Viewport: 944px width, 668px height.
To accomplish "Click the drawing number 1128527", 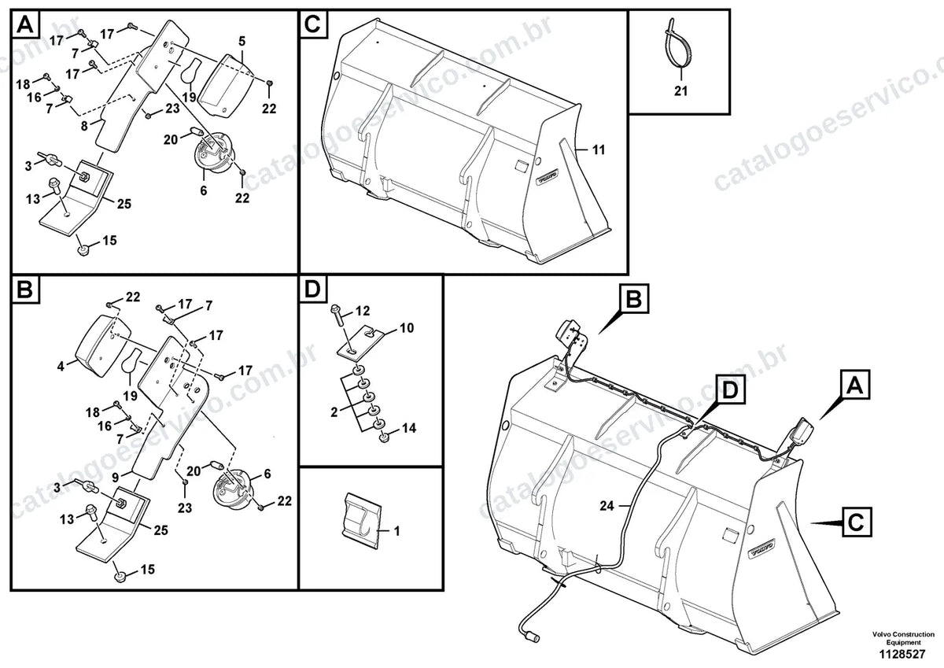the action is pos(902,654).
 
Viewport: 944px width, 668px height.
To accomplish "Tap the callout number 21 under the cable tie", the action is pos(680,90).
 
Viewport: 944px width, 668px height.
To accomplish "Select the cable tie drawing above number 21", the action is pos(674,46).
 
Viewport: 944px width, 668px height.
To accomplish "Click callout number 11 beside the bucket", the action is pos(599,149).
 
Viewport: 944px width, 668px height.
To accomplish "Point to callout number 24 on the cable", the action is pos(607,506).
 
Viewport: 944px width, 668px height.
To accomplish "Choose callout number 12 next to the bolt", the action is pos(363,311).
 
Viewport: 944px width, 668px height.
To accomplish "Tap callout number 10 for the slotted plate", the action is pos(407,327).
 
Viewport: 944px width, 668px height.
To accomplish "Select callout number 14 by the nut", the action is pos(409,428).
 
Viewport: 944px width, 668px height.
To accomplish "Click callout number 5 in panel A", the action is pos(242,41).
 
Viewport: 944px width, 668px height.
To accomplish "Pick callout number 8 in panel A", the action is pos(84,126).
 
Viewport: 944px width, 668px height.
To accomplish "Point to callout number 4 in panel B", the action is pos(61,366).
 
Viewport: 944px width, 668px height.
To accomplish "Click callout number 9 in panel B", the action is pos(116,478).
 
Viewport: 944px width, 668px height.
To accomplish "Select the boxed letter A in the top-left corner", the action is pos(25,25).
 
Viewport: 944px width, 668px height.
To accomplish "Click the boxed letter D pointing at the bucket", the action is pos(730,391).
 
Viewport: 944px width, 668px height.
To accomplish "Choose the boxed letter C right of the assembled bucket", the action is pos(856,522).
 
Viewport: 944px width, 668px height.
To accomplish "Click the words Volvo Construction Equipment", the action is pos(903,638).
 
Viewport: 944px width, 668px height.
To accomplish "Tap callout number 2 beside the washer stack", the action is pos(334,412).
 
